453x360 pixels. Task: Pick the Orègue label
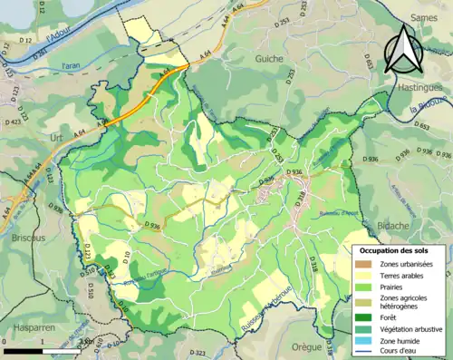(306, 345)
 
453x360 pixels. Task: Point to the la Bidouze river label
(427, 112)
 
